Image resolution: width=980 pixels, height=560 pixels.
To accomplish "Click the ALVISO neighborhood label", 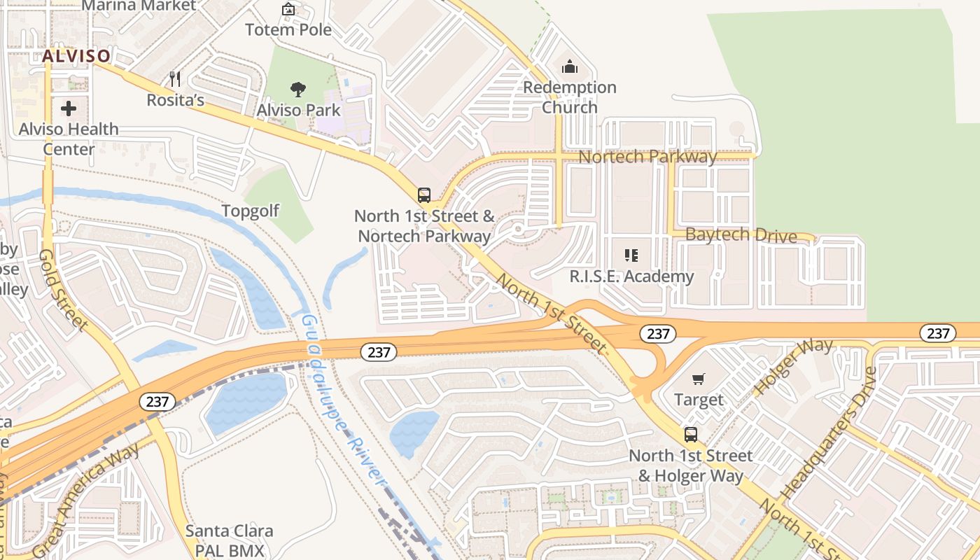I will pyautogui.click(x=76, y=56).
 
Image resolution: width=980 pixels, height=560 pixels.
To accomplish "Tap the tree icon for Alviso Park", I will pyautogui.click(x=298, y=90).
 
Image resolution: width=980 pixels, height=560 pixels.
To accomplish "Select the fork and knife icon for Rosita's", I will pyautogui.click(x=175, y=79).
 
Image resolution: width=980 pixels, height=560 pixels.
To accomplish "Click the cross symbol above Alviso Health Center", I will pyautogui.click(x=69, y=108).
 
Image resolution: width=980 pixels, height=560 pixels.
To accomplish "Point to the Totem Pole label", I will pyautogui.click(x=288, y=30).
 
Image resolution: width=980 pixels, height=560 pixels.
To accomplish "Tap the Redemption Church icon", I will pyautogui.click(x=570, y=67).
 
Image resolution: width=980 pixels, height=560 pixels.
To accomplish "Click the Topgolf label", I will pyautogui.click(x=251, y=211).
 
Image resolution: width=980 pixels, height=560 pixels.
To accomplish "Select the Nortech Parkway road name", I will pyautogui.click(x=647, y=157).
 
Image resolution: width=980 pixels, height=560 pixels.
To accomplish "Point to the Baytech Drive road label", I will pyautogui.click(x=741, y=235).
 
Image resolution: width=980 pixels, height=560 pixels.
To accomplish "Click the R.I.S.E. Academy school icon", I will pyautogui.click(x=631, y=255).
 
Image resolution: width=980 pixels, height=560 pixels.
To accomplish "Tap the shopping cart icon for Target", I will pyautogui.click(x=698, y=379).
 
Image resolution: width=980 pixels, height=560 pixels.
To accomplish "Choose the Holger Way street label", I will pyautogui.click(x=794, y=367).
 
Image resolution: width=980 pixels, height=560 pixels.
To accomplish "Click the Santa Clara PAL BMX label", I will pyautogui.click(x=229, y=540).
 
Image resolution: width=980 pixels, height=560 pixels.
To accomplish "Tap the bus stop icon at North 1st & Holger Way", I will pyautogui.click(x=691, y=435).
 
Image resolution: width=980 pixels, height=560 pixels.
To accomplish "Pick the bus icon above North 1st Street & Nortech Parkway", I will pyautogui.click(x=423, y=195).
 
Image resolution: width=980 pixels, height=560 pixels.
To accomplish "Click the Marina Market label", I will pyautogui.click(x=139, y=6).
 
